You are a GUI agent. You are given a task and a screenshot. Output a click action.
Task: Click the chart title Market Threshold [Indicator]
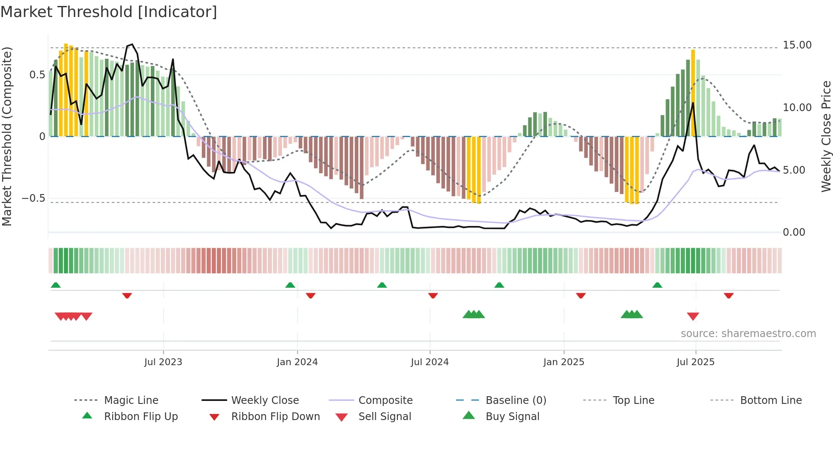(109, 12)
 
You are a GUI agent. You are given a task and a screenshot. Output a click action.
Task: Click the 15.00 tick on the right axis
(797, 45)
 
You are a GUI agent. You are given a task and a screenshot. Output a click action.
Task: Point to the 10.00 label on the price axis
(797, 108)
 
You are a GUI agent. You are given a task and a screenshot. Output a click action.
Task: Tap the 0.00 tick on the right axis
(793, 232)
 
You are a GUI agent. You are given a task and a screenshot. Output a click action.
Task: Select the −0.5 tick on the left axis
(33, 198)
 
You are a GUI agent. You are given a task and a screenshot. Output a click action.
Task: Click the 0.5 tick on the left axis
(37, 75)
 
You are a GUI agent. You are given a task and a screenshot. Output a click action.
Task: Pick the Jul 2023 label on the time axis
(163, 362)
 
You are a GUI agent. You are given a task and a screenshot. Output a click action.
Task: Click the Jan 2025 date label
(564, 362)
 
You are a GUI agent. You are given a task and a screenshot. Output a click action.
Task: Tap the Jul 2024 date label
(430, 362)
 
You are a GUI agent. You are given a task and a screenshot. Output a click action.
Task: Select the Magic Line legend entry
(131, 400)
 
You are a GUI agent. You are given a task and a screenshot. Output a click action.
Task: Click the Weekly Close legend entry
(265, 400)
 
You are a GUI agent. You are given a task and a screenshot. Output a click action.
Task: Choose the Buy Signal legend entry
(512, 417)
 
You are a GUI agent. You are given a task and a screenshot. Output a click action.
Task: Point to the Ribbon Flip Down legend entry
(275, 417)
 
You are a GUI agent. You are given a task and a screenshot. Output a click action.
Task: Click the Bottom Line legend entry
(771, 400)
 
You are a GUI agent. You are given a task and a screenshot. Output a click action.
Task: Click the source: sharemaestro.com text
(748, 334)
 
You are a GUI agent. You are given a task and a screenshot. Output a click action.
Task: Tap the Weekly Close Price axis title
(826, 136)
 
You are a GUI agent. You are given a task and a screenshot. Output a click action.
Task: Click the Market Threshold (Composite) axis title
(7, 136)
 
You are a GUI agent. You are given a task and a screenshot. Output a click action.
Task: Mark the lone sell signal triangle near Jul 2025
(693, 316)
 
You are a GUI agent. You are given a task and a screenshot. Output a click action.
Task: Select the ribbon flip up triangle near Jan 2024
(290, 285)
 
